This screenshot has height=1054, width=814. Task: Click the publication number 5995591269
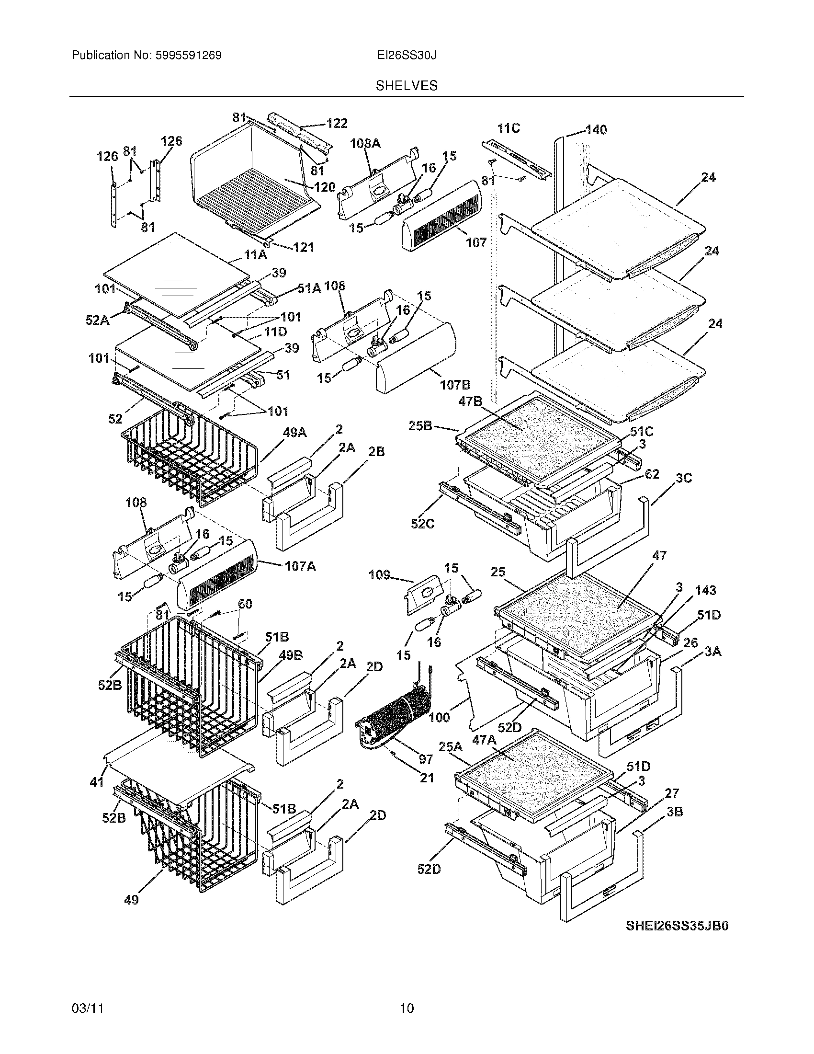(188, 56)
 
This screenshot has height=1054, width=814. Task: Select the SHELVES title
(407, 86)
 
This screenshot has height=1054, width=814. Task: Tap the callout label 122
(337, 124)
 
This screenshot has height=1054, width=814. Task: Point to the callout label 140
(596, 129)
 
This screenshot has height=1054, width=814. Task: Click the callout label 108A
(365, 143)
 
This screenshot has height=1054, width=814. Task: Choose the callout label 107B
(455, 385)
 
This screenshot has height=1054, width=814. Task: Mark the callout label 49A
(294, 433)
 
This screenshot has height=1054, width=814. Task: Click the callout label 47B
(470, 401)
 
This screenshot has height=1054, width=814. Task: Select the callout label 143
(705, 590)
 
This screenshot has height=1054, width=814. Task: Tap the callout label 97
(425, 759)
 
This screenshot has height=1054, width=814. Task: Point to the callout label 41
(97, 782)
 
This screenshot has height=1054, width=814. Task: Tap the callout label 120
(325, 187)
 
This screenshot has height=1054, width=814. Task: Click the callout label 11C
(509, 128)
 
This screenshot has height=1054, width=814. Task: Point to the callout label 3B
(675, 812)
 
